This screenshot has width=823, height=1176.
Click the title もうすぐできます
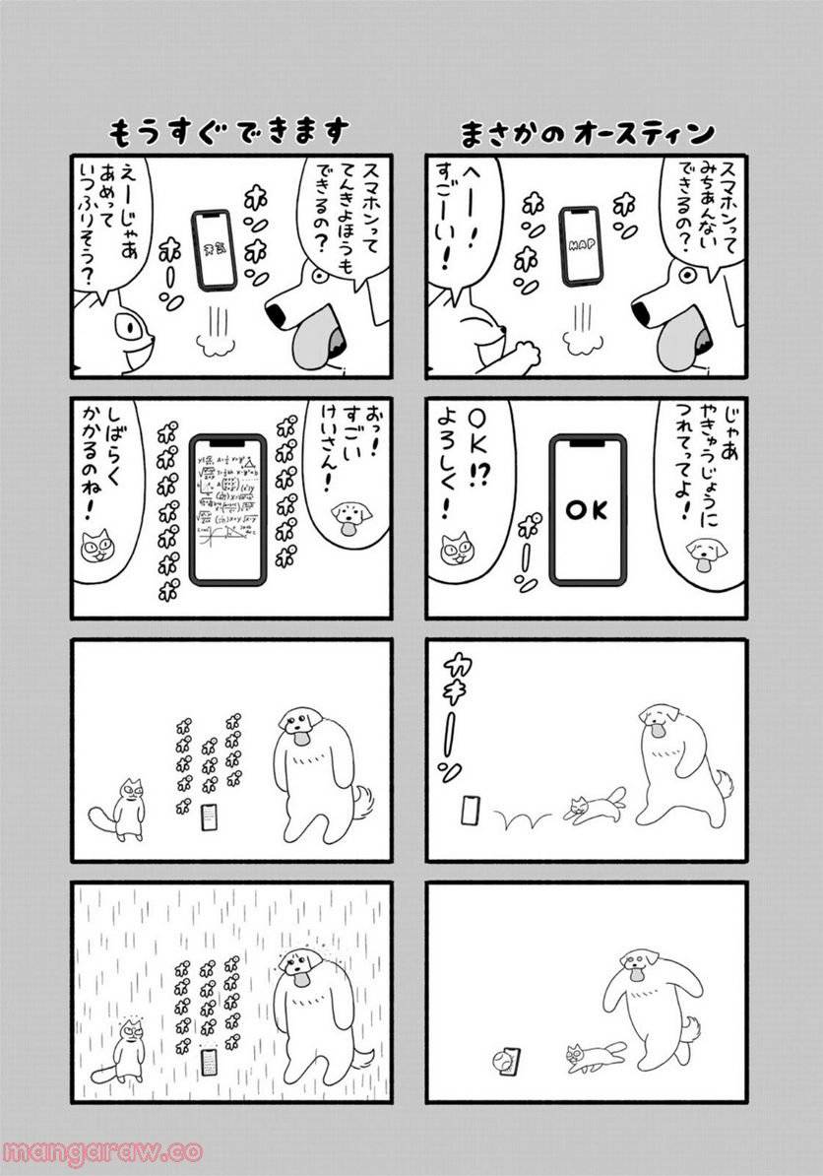(228, 132)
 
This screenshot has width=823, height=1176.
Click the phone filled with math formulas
(227, 509)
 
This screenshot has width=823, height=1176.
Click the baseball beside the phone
(494, 1064)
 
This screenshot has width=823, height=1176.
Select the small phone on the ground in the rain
(209, 1062)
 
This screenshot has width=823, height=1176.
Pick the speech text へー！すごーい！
(461, 222)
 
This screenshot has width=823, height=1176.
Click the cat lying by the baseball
(593, 1055)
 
